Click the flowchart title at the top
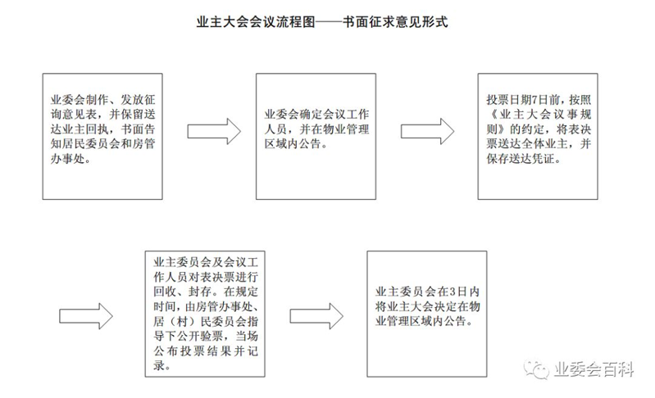coord(322,21)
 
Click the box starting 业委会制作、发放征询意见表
coord(102,137)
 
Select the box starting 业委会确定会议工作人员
coord(316,137)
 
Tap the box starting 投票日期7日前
coord(538,137)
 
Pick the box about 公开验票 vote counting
coord(205,314)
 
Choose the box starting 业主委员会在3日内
coord(426,314)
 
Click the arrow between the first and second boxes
coord(214,131)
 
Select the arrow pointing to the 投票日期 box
coord(427,131)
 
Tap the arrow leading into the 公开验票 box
coord(85,316)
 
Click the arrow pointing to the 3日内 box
coord(316,316)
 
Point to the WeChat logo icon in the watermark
coord(536,369)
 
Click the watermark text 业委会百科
coord(594,369)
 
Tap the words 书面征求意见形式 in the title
coord(395,21)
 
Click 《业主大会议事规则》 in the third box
coord(539,122)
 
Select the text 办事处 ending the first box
coord(71,159)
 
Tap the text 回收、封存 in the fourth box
coord(182,292)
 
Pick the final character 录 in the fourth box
coord(159,366)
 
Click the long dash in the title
coord(329,22)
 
